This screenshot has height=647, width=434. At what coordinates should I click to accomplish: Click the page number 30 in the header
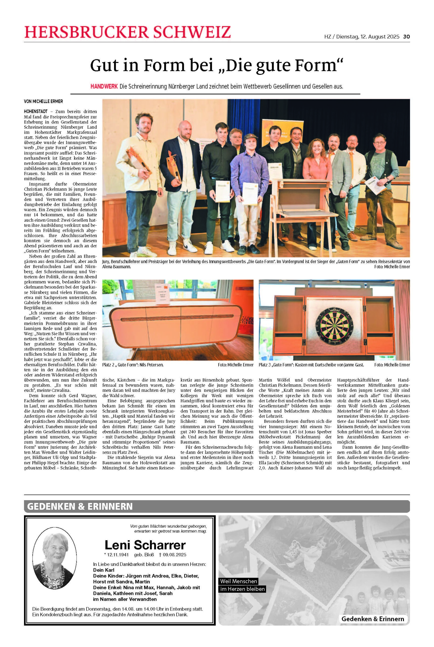point(406,36)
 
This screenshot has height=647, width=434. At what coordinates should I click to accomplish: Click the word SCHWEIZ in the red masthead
point(191,32)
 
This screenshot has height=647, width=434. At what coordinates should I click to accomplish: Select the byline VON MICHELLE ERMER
point(43,102)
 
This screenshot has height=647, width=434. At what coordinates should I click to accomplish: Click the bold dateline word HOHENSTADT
point(36,111)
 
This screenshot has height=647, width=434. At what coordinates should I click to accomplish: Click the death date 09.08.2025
point(174,554)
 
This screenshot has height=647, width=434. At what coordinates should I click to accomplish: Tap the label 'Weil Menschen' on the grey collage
point(238,581)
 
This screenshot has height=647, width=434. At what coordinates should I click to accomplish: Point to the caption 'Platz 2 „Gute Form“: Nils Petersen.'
point(133,365)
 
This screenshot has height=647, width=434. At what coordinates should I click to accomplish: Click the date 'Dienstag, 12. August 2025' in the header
point(368,36)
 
